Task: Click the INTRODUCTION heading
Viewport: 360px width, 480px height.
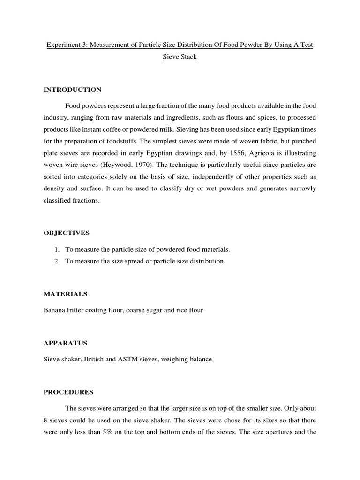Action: point(72,90)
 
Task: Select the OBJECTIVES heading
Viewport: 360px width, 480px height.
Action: point(66,233)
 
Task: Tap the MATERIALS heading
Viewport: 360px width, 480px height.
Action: point(66,294)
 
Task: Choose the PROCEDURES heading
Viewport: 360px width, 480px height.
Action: point(68,392)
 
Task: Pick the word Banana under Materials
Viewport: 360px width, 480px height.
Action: point(54,310)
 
